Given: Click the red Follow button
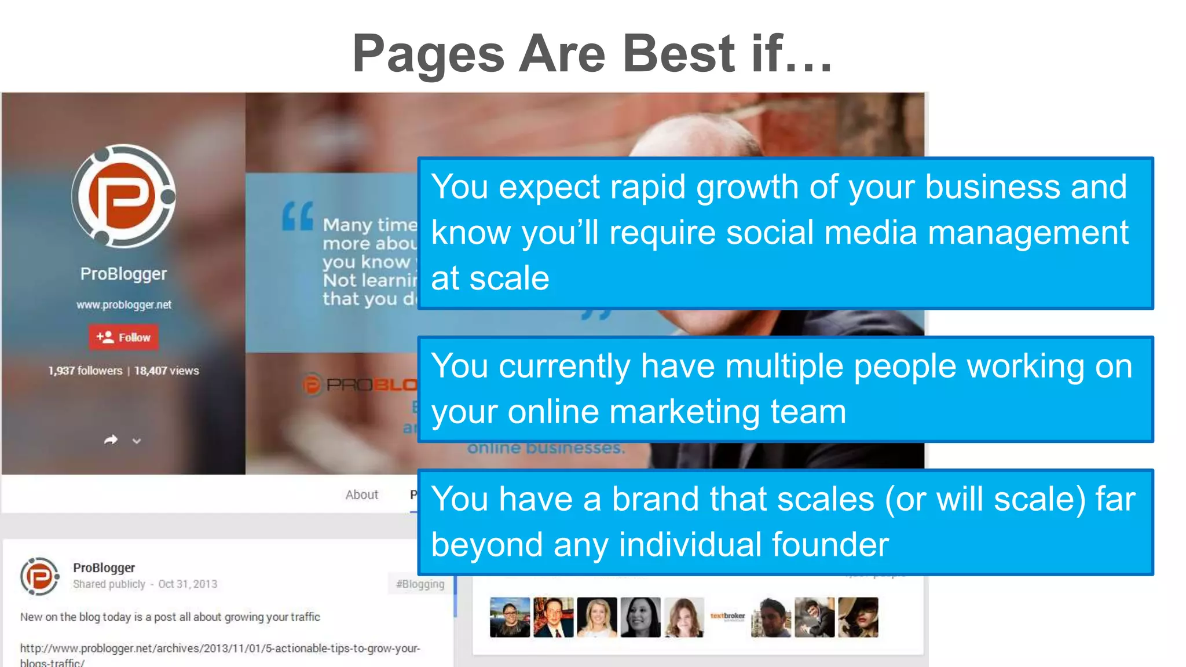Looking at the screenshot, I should click(123, 337).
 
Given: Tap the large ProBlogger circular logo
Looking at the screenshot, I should click(123, 196).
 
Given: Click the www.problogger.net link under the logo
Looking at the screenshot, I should click(124, 305).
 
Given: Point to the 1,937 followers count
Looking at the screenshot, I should click(85, 371).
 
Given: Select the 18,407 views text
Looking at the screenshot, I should click(167, 371).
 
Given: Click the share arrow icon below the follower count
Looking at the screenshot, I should click(111, 440).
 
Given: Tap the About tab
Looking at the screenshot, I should click(361, 494).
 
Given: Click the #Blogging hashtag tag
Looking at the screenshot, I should click(420, 584).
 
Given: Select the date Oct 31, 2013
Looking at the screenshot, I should click(188, 584).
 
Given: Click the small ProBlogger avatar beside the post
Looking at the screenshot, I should click(39, 576).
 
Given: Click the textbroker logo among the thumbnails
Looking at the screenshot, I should click(727, 617).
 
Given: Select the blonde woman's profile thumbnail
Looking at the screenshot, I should click(596, 617).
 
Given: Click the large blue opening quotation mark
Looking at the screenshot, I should click(298, 217).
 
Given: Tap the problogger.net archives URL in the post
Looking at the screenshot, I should click(220, 648).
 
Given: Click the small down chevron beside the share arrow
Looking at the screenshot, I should click(137, 441).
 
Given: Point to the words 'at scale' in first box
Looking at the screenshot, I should click(490, 278).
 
